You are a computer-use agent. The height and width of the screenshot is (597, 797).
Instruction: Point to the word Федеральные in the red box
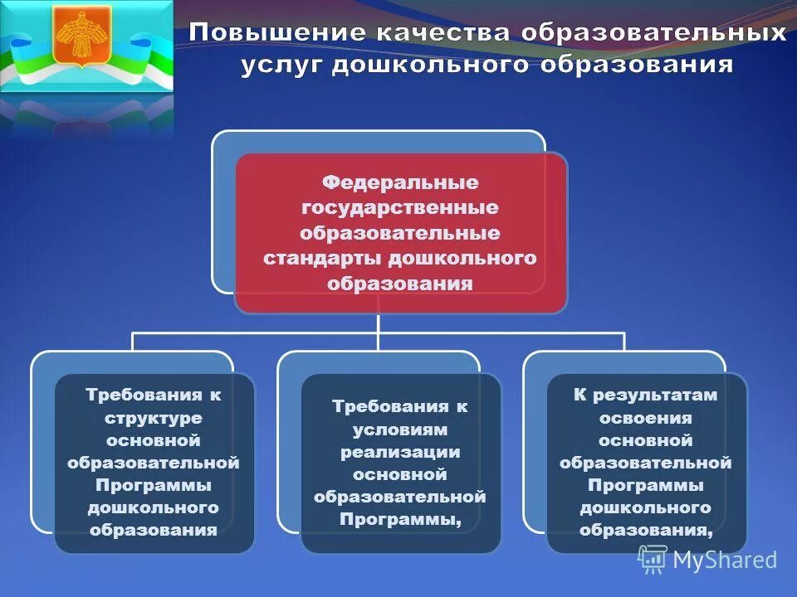400,181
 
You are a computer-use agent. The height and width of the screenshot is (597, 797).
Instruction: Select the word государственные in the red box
400,206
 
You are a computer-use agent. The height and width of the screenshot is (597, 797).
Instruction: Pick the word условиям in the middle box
400,430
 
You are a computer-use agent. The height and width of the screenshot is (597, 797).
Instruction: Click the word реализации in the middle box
400,452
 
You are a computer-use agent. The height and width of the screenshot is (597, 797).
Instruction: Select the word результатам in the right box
655,396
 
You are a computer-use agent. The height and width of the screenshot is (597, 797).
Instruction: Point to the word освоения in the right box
646,418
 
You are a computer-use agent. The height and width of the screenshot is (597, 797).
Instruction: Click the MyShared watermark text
725,560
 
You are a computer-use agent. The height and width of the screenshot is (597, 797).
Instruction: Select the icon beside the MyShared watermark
653,560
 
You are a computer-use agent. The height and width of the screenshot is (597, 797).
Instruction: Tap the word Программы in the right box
646,485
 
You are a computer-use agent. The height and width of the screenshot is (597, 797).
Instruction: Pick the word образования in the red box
400,284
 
